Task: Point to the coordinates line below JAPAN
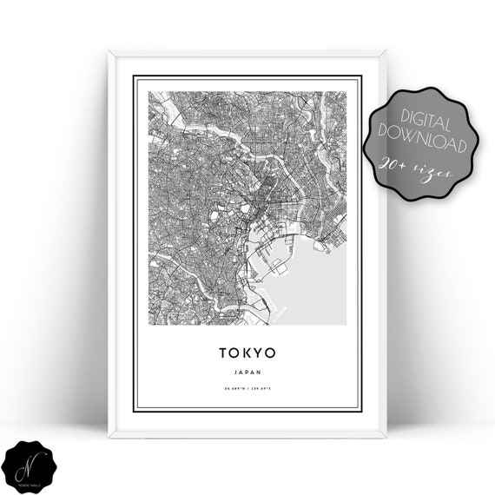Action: click(247, 387)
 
